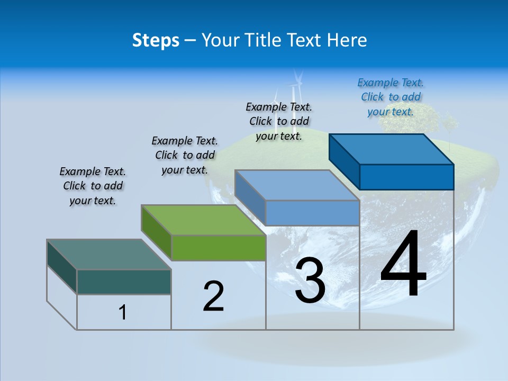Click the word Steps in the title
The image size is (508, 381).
tap(156, 40)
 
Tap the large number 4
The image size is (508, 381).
tap(403, 265)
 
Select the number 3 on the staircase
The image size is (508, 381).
tap(310, 280)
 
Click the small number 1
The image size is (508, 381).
tap(123, 312)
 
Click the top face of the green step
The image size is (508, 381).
tap(204, 220)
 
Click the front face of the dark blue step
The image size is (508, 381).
tap(406, 177)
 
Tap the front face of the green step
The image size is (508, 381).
tap(219, 248)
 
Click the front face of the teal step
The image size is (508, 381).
tap(124, 282)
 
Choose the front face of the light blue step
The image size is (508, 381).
tap(312, 213)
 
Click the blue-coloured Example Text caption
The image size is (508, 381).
tap(391, 97)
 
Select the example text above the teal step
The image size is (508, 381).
tap(93, 186)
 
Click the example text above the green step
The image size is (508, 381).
tap(185, 155)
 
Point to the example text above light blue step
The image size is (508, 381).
tap(279, 121)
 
